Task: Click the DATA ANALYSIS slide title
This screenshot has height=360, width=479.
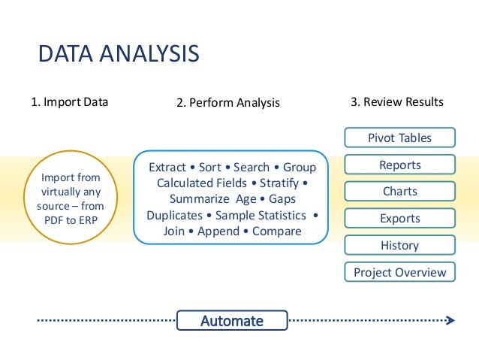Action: [x=119, y=54]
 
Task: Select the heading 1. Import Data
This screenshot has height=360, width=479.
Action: [x=69, y=102]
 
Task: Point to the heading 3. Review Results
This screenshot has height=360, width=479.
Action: [x=397, y=101]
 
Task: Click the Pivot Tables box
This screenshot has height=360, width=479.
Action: [x=399, y=138]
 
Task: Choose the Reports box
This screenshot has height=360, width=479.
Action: [x=399, y=165]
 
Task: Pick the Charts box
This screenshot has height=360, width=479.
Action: [x=399, y=192]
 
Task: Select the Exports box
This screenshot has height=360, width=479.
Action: [x=399, y=219]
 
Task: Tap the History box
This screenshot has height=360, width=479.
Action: [x=399, y=245]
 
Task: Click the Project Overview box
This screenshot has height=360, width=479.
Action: [x=399, y=272]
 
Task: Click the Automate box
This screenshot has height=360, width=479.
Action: [x=231, y=321]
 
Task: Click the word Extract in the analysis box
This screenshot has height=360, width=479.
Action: [x=167, y=167]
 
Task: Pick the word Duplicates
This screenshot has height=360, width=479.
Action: [x=174, y=215]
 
